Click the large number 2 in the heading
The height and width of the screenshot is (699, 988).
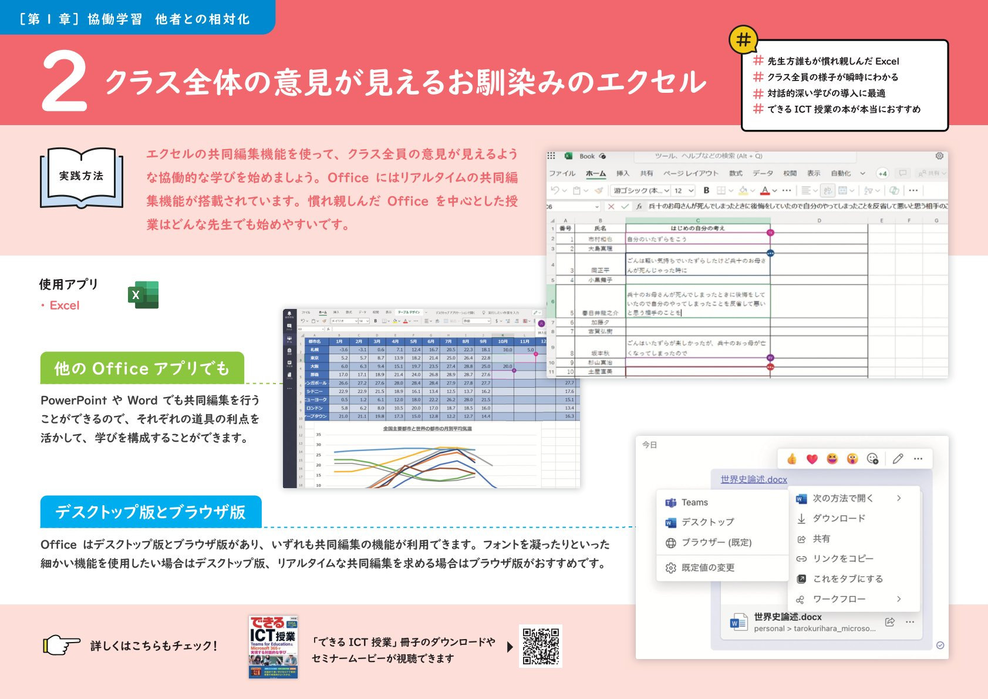click(x=65, y=82)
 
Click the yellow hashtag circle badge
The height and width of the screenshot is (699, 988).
click(x=743, y=40)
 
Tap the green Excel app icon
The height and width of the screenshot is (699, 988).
click(x=143, y=295)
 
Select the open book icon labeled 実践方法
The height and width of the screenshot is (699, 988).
click(x=82, y=177)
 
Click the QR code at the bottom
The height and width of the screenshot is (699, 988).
click(x=541, y=646)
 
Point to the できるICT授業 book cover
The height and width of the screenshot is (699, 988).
click(x=273, y=647)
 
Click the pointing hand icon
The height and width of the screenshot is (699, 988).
click(x=62, y=645)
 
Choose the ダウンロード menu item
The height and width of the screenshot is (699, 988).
click(x=838, y=518)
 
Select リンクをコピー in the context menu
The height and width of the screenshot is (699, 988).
click(x=842, y=559)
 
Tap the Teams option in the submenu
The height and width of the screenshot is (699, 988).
click(x=694, y=502)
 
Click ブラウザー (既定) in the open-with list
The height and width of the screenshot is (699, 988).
click(x=716, y=542)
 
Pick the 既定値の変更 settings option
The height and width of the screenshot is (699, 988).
click(x=707, y=567)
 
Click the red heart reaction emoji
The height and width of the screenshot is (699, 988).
click(x=812, y=459)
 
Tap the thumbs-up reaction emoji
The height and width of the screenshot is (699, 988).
click(x=792, y=459)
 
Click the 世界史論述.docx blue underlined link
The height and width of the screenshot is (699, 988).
click(x=754, y=479)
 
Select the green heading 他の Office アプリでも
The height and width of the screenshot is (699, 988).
click(x=141, y=368)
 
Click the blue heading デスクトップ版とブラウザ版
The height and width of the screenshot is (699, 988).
click(x=150, y=512)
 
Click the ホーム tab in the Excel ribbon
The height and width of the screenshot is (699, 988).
click(x=596, y=173)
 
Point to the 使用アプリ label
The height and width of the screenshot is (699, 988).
click(x=69, y=284)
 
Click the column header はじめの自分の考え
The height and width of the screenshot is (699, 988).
click(x=697, y=228)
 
